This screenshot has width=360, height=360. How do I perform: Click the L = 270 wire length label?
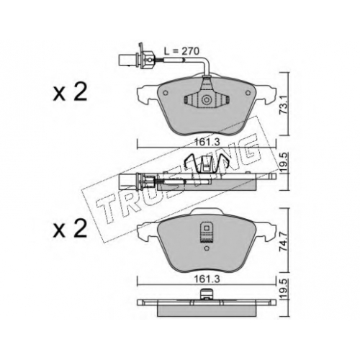(181, 51)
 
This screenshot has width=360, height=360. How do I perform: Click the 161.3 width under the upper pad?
(207, 142)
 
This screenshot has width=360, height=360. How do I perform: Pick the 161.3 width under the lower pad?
(207, 279)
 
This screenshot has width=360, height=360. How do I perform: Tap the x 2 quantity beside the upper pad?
(70, 93)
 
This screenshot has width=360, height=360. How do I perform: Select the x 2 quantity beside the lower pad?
(70, 229)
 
